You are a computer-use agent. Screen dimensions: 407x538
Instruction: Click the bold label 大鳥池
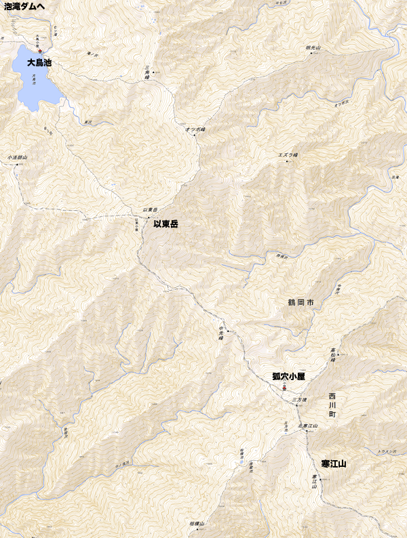39,62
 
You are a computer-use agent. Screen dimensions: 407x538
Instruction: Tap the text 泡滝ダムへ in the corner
24,6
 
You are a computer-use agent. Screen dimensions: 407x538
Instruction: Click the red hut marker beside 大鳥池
41,51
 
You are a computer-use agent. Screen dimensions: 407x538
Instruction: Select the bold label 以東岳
166,224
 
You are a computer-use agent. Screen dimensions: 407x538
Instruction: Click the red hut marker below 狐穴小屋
284,388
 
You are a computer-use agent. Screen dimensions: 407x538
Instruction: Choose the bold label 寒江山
334,464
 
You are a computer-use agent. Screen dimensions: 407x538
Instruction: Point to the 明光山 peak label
313,48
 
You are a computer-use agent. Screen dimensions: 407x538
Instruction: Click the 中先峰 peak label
220,333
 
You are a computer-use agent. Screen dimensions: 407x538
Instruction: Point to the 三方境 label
296,401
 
